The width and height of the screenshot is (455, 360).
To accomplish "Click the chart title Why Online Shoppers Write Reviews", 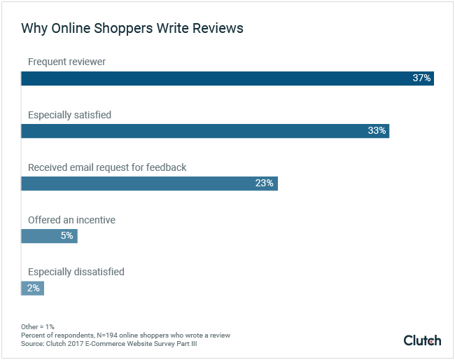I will [x=132, y=29].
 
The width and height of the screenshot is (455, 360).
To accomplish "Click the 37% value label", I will [x=421, y=78].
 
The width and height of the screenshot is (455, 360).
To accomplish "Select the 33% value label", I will [x=377, y=130].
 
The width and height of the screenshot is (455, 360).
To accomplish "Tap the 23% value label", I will [x=264, y=183].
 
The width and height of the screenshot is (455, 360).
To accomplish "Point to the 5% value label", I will [x=66, y=236].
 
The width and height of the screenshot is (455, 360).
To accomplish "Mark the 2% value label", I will [x=34, y=288].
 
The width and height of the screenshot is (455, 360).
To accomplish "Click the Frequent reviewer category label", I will [x=66, y=62].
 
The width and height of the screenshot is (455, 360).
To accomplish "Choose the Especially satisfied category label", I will [x=69, y=115].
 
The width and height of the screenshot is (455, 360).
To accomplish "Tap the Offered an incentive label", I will [x=71, y=220].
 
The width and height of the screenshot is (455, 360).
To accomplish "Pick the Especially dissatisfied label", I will [x=76, y=272].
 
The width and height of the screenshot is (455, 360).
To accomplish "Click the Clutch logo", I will [x=422, y=340].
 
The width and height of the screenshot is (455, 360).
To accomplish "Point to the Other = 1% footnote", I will [x=38, y=327].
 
